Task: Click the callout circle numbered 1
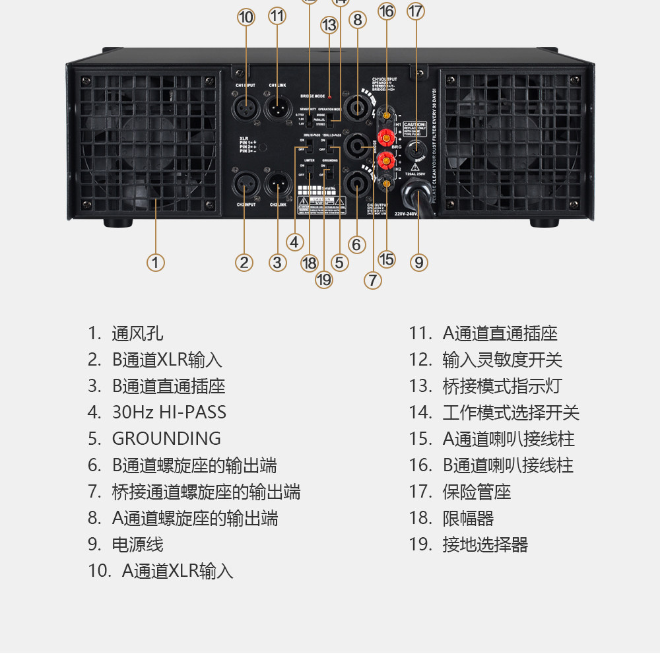(x=155, y=263)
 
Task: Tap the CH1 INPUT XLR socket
(x=246, y=105)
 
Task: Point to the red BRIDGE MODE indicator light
(x=329, y=97)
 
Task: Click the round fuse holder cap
(x=416, y=150)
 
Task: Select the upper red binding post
(x=387, y=138)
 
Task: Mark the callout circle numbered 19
(x=324, y=280)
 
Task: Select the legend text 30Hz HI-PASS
(x=169, y=412)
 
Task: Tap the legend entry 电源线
(x=137, y=544)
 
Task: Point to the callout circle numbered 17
(x=416, y=11)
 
